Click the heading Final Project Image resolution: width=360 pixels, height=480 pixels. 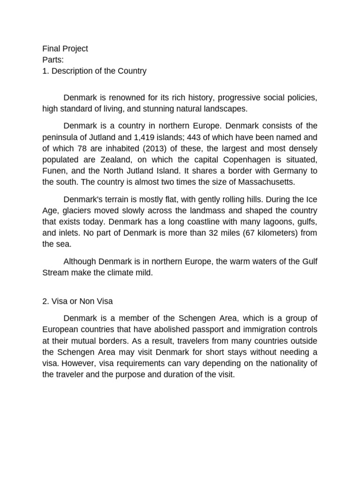[x=65, y=49]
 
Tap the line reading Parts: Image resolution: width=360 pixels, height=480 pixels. [x=52, y=60]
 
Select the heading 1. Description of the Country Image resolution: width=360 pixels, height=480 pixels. [x=94, y=71]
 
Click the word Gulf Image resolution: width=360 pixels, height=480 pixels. [x=309, y=261]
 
